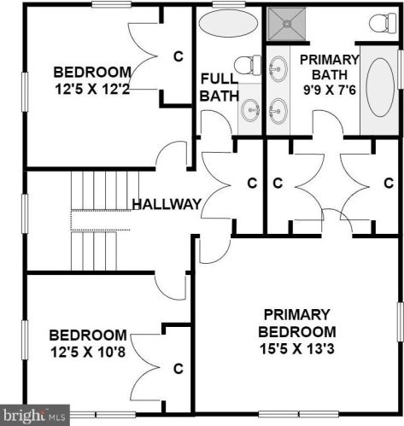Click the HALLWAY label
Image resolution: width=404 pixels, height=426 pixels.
pos(167,204)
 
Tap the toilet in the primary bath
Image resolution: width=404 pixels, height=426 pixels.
pos(383,23)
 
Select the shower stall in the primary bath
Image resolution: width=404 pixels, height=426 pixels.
pos(287,24)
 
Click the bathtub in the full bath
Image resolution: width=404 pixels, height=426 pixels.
pos(228,23)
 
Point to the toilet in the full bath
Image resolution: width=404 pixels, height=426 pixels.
pos(248,65)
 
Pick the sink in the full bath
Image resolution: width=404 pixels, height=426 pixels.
pos(250,109)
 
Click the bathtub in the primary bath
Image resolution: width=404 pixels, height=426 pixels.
pos(380,87)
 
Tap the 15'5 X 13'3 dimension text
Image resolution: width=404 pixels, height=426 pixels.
pos(297,349)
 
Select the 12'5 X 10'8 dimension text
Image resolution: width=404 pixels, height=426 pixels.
pos(88,352)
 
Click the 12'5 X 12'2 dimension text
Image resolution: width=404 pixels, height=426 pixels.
pos(92,89)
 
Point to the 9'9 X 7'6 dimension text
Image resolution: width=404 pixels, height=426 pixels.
pos(330,90)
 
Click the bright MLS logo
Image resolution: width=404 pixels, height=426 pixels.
pos(35,415)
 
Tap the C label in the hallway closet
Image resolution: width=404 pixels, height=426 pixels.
pos(252,183)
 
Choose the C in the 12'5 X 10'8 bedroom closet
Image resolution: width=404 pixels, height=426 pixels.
pos(179,369)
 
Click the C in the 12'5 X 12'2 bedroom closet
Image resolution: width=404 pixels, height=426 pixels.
pos(179,56)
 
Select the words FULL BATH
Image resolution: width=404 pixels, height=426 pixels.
pos(219,87)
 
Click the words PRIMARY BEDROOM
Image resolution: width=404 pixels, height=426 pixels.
pos(297,324)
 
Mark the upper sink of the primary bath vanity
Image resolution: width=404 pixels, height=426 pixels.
pos(278,69)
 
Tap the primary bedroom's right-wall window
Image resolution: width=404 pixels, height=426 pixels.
pos(401,322)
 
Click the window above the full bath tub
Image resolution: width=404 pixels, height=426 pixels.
pos(229,4)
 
